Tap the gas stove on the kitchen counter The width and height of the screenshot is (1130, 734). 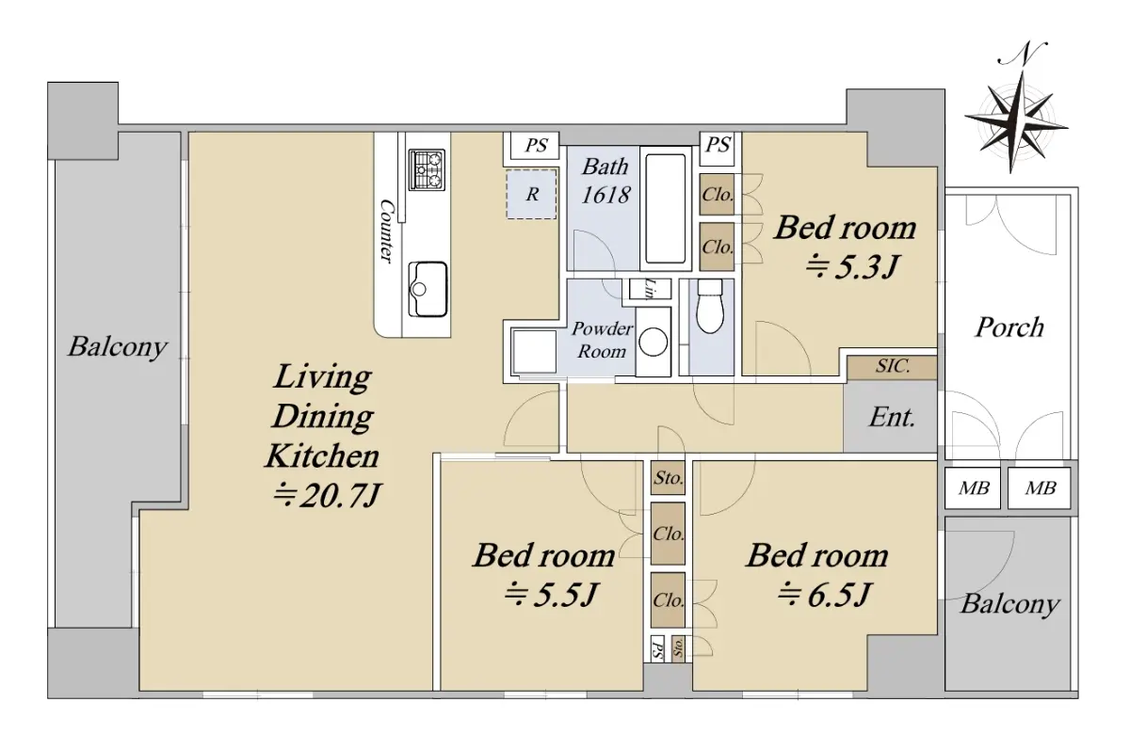pyautogui.click(x=427, y=170)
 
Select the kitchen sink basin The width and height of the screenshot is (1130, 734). pyautogui.click(x=428, y=289)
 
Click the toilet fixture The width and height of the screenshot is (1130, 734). pyautogui.click(x=710, y=306)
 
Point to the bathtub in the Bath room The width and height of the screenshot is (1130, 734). pyautogui.click(x=666, y=208)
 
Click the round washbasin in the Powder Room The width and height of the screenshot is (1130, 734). pyautogui.click(x=654, y=342)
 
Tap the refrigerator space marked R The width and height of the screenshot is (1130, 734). pyautogui.click(x=532, y=194)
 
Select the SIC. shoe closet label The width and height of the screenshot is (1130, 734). pyautogui.click(x=893, y=366)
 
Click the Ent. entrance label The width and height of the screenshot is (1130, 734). pyautogui.click(x=892, y=418)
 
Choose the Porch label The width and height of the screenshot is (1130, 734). pyautogui.click(x=1009, y=327)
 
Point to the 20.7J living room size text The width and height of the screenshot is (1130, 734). pyautogui.click(x=326, y=497)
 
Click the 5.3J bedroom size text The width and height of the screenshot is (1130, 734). pyautogui.click(x=851, y=266)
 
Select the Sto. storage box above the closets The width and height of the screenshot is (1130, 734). pyautogui.click(x=668, y=477)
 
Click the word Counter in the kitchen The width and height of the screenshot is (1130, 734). pyautogui.click(x=386, y=231)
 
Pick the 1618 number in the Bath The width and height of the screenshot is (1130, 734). pyautogui.click(x=605, y=195)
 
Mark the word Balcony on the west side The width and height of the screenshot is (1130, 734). pyautogui.click(x=118, y=347)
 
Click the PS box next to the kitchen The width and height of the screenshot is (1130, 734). pyautogui.click(x=536, y=145)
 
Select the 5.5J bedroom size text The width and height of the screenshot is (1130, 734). pyautogui.click(x=551, y=595)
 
